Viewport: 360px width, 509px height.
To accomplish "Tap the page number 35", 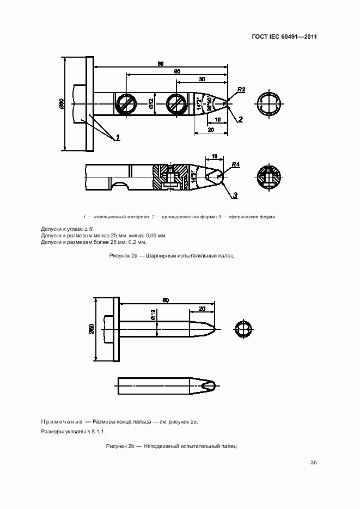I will (x=313, y=463).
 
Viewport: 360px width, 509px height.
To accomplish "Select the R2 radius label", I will (x=241, y=89).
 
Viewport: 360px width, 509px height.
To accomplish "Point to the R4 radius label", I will (x=236, y=164).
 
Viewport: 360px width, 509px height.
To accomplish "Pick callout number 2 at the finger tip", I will (x=240, y=118).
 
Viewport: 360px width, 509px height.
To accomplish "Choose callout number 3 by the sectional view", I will (x=235, y=194).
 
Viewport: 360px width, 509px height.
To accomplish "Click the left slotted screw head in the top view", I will (x=126, y=103).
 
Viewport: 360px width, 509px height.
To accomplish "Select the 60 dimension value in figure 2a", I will (x=177, y=71).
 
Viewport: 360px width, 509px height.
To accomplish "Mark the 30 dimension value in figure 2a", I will (x=202, y=79).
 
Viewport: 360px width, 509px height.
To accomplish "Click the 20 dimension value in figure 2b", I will (x=202, y=309).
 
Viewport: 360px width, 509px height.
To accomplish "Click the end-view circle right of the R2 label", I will (x=268, y=103).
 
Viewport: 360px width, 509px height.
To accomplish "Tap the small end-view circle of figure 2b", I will (x=243, y=329).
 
